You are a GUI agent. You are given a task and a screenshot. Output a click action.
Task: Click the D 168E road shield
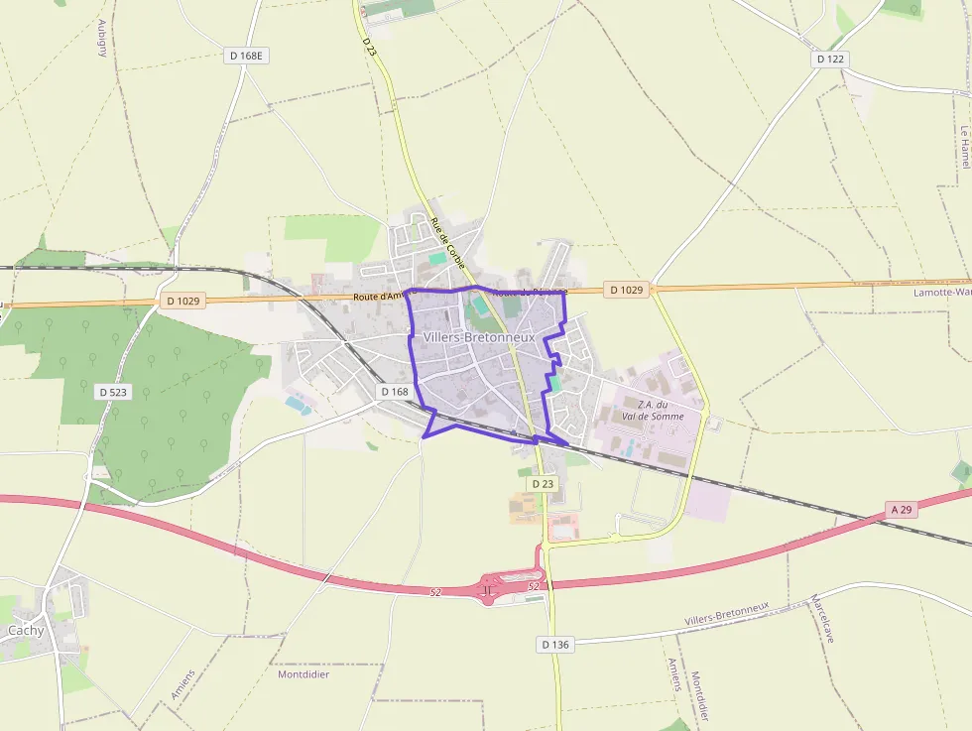[x=247, y=56]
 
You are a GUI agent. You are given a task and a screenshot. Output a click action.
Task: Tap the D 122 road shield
[x=830, y=60]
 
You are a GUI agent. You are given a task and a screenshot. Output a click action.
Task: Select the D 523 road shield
[x=114, y=392]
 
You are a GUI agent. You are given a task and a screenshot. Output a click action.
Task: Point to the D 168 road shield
[x=394, y=392]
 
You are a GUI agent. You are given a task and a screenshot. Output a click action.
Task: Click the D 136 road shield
[x=556, y=645]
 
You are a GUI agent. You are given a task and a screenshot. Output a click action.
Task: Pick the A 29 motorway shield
[x=902, y=510]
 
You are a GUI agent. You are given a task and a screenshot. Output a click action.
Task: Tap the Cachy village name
[x=26, y=630]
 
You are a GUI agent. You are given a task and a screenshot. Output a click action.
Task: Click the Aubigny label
[x=102, y=38]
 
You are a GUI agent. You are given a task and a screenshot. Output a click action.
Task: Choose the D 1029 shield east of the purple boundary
[x=626, y=290]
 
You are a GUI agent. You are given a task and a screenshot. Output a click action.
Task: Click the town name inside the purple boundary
[x=479, y=337]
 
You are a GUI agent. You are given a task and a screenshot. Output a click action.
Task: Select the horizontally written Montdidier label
[x=304, y=673]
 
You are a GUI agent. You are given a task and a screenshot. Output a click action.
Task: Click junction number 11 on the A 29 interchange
[x=487, y=591]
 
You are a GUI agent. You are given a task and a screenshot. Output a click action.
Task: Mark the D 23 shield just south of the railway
[x=543, y=483]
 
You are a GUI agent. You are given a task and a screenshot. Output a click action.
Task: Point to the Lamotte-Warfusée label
[x=942, y=293]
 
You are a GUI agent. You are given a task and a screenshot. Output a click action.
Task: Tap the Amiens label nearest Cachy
[x=182, y=684]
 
